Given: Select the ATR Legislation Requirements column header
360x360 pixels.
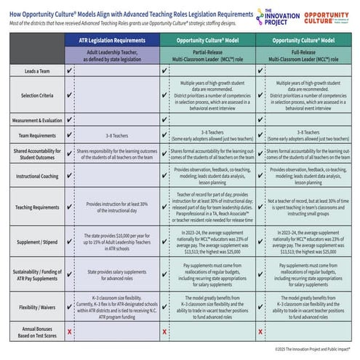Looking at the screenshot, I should tap(113, 42).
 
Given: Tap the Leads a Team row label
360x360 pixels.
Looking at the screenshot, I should tap(33, 72).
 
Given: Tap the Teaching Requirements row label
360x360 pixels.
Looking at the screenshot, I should tap(33, 207).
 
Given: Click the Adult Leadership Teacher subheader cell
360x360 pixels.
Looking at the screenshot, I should tap(113, 57).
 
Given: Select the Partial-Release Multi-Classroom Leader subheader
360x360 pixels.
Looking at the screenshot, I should tap(209, 57).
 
